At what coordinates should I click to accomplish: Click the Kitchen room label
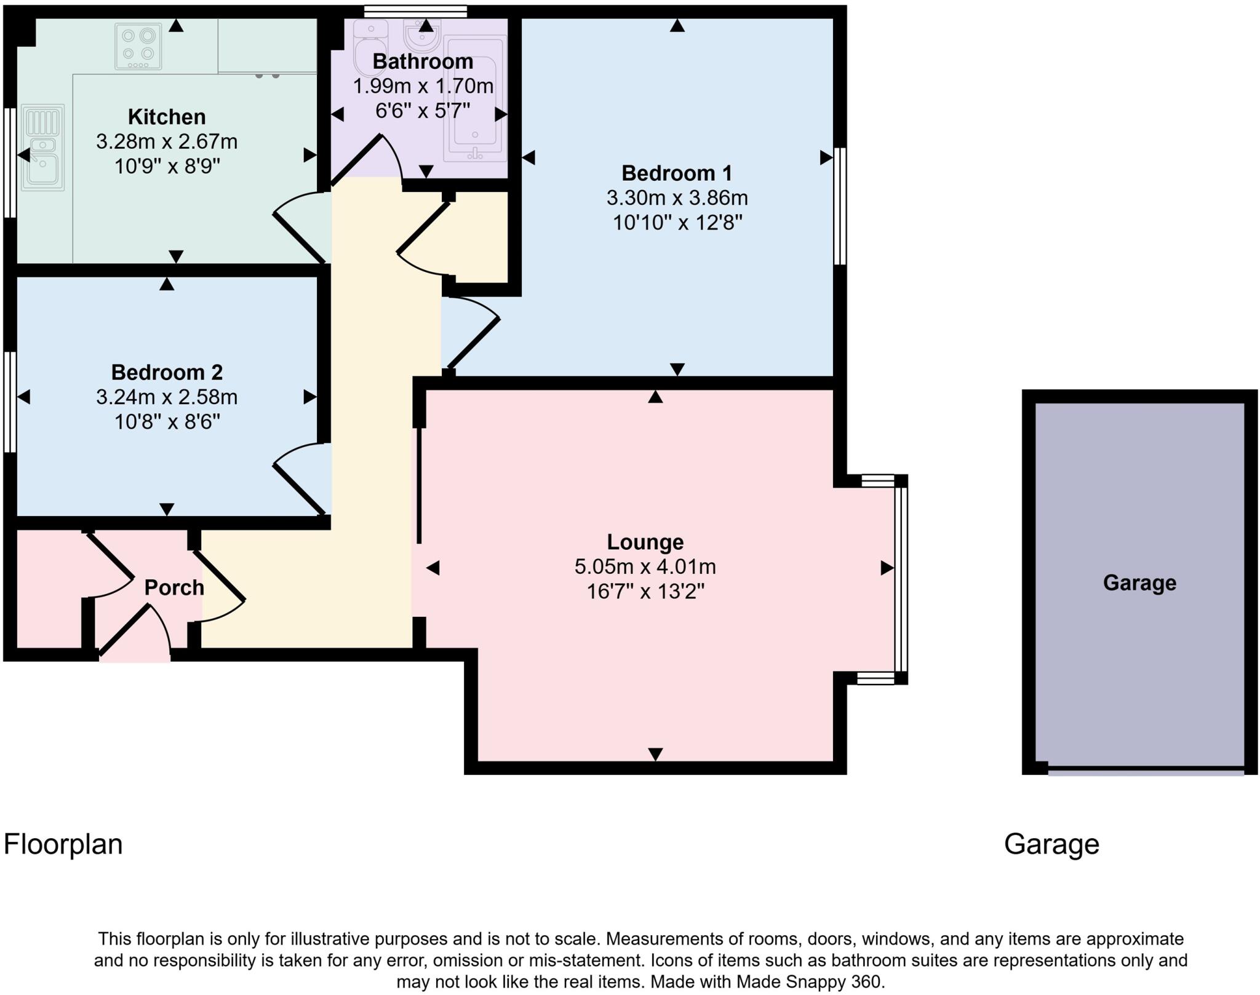pos(167,117)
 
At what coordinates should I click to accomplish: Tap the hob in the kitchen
pos(138,46)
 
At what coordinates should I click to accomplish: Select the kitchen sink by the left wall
pos(42,148)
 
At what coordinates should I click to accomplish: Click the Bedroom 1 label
pos(677,173)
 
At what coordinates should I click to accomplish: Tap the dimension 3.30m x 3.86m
pos(677,198)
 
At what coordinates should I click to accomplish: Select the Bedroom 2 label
pos(167,373)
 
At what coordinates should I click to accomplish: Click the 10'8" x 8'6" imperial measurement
pos(167,422)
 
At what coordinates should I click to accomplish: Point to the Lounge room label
pos(645,542)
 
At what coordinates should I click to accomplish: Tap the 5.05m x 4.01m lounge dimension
pos(645,566)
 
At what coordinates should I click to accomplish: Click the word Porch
pos(174,588)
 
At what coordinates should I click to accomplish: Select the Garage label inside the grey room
pos(1139,583)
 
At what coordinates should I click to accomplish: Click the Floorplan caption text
pos(63,844)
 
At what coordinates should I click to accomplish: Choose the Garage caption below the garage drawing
pos(1051,844)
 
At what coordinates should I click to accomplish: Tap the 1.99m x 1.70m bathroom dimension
pos(423,86)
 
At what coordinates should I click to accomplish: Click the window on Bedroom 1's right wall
pos(840,206)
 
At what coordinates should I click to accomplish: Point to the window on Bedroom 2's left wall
pos(10,402)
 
